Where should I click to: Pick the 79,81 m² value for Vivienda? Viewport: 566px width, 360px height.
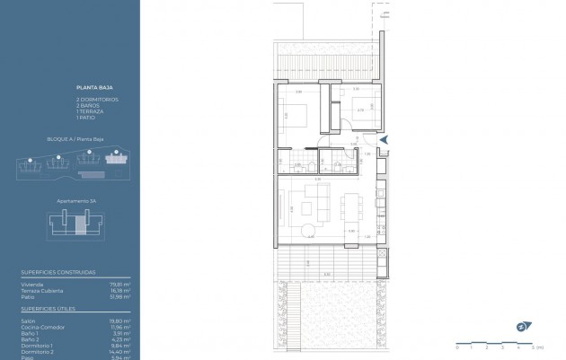pos(122,285)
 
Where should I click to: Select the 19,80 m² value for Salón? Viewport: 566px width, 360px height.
pos(122,320)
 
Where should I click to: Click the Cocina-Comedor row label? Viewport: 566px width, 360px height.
pos(38,327)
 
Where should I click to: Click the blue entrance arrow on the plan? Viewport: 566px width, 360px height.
pos(384,140)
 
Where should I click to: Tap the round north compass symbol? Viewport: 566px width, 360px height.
pos(521,326)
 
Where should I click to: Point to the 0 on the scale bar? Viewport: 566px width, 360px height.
pos(456,347)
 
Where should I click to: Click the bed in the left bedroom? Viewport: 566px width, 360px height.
pos(296,115)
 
